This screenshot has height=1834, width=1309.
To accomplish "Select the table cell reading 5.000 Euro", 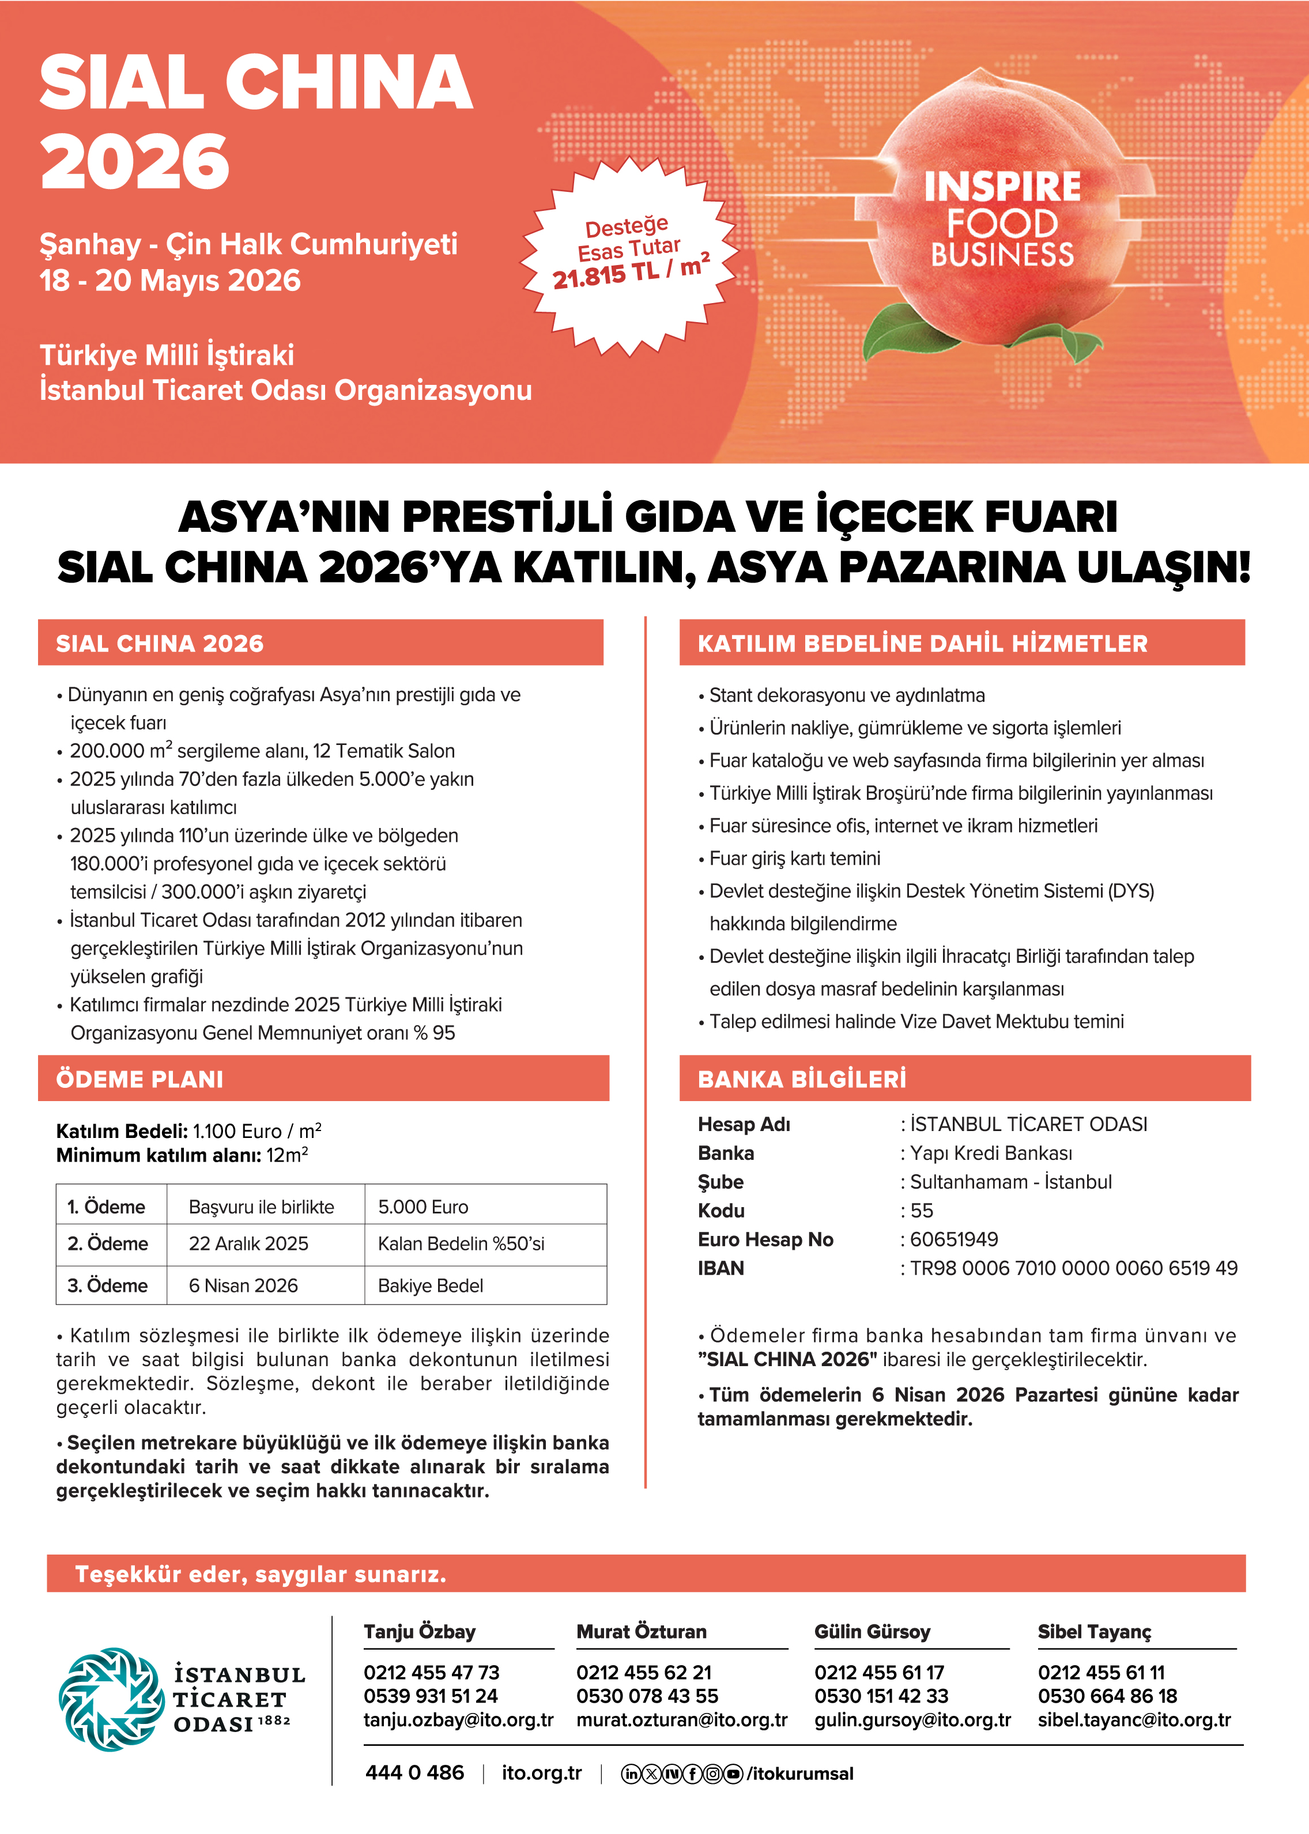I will [423, 1207].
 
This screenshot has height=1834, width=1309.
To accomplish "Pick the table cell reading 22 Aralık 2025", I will [248, 1243].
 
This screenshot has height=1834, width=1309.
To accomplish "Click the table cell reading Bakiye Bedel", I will [431, 1285].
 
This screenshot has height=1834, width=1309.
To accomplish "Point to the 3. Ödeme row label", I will [107, 1285].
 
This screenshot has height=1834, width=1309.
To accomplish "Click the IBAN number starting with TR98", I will [1074, 1268].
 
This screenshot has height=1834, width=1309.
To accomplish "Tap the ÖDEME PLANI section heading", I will [139, 1079].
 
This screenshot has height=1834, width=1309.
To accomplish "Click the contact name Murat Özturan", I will [641, 1632].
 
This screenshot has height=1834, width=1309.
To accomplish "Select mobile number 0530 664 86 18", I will [1107, 1696].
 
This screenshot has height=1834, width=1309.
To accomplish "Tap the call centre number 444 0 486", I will [414, 1773].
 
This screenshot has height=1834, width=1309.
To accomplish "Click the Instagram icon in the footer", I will [712, 1774].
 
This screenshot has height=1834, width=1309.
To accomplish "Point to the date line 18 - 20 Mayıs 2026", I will [170, 281].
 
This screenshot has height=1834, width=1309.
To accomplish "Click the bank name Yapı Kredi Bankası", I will [991, 1153].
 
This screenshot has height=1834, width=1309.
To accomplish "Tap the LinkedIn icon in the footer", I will [631, 1774].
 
